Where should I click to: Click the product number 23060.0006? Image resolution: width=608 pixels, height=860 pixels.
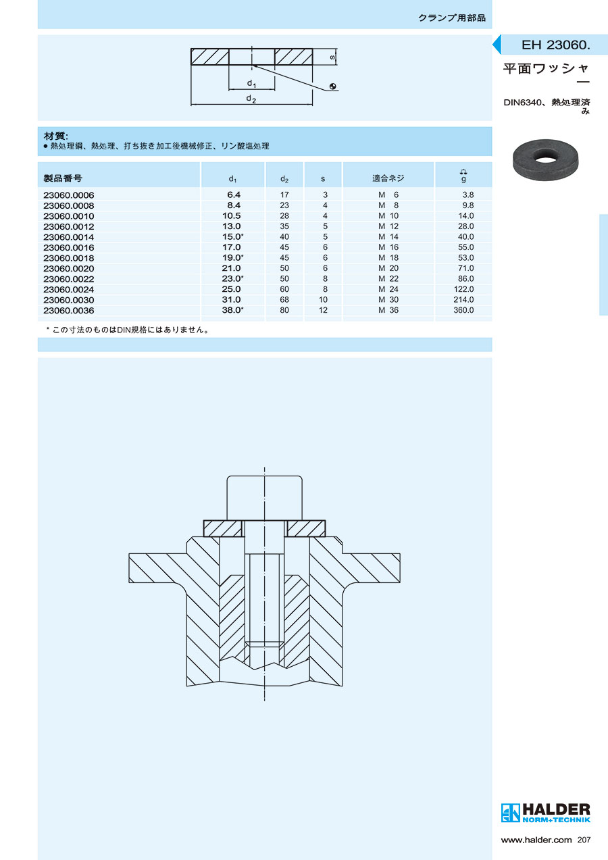(68, 195)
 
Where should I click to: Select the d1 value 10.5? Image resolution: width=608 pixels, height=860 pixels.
(232, 216)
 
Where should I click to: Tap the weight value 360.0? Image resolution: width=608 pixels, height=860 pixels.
(463, 310)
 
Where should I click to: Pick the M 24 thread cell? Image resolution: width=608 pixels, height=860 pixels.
(388, 289)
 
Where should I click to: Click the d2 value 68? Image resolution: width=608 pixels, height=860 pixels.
(284, 299)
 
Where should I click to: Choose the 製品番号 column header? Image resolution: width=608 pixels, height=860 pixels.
(63, 178)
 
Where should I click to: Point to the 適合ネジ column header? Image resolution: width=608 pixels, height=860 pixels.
(388, 178)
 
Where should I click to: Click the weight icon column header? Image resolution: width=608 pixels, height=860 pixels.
(463, 175)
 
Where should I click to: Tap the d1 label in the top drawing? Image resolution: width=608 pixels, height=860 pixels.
(251, 83)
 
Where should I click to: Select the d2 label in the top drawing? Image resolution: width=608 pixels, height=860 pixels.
(251, 99)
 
